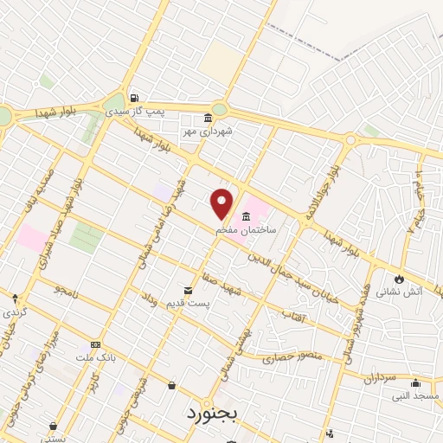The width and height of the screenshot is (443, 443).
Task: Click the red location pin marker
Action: pos(222,202)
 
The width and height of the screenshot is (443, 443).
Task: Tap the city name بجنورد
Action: pos(210,413)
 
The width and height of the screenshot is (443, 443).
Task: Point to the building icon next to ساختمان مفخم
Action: pos(247,215)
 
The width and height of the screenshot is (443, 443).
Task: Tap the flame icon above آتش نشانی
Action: pos(399,279)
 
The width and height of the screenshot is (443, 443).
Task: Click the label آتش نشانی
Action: pos(401,292)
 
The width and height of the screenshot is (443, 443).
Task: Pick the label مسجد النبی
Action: pos(414,396)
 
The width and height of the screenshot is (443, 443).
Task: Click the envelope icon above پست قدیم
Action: pos(188,290)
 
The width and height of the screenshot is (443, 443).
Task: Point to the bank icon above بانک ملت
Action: pos(95,343)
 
